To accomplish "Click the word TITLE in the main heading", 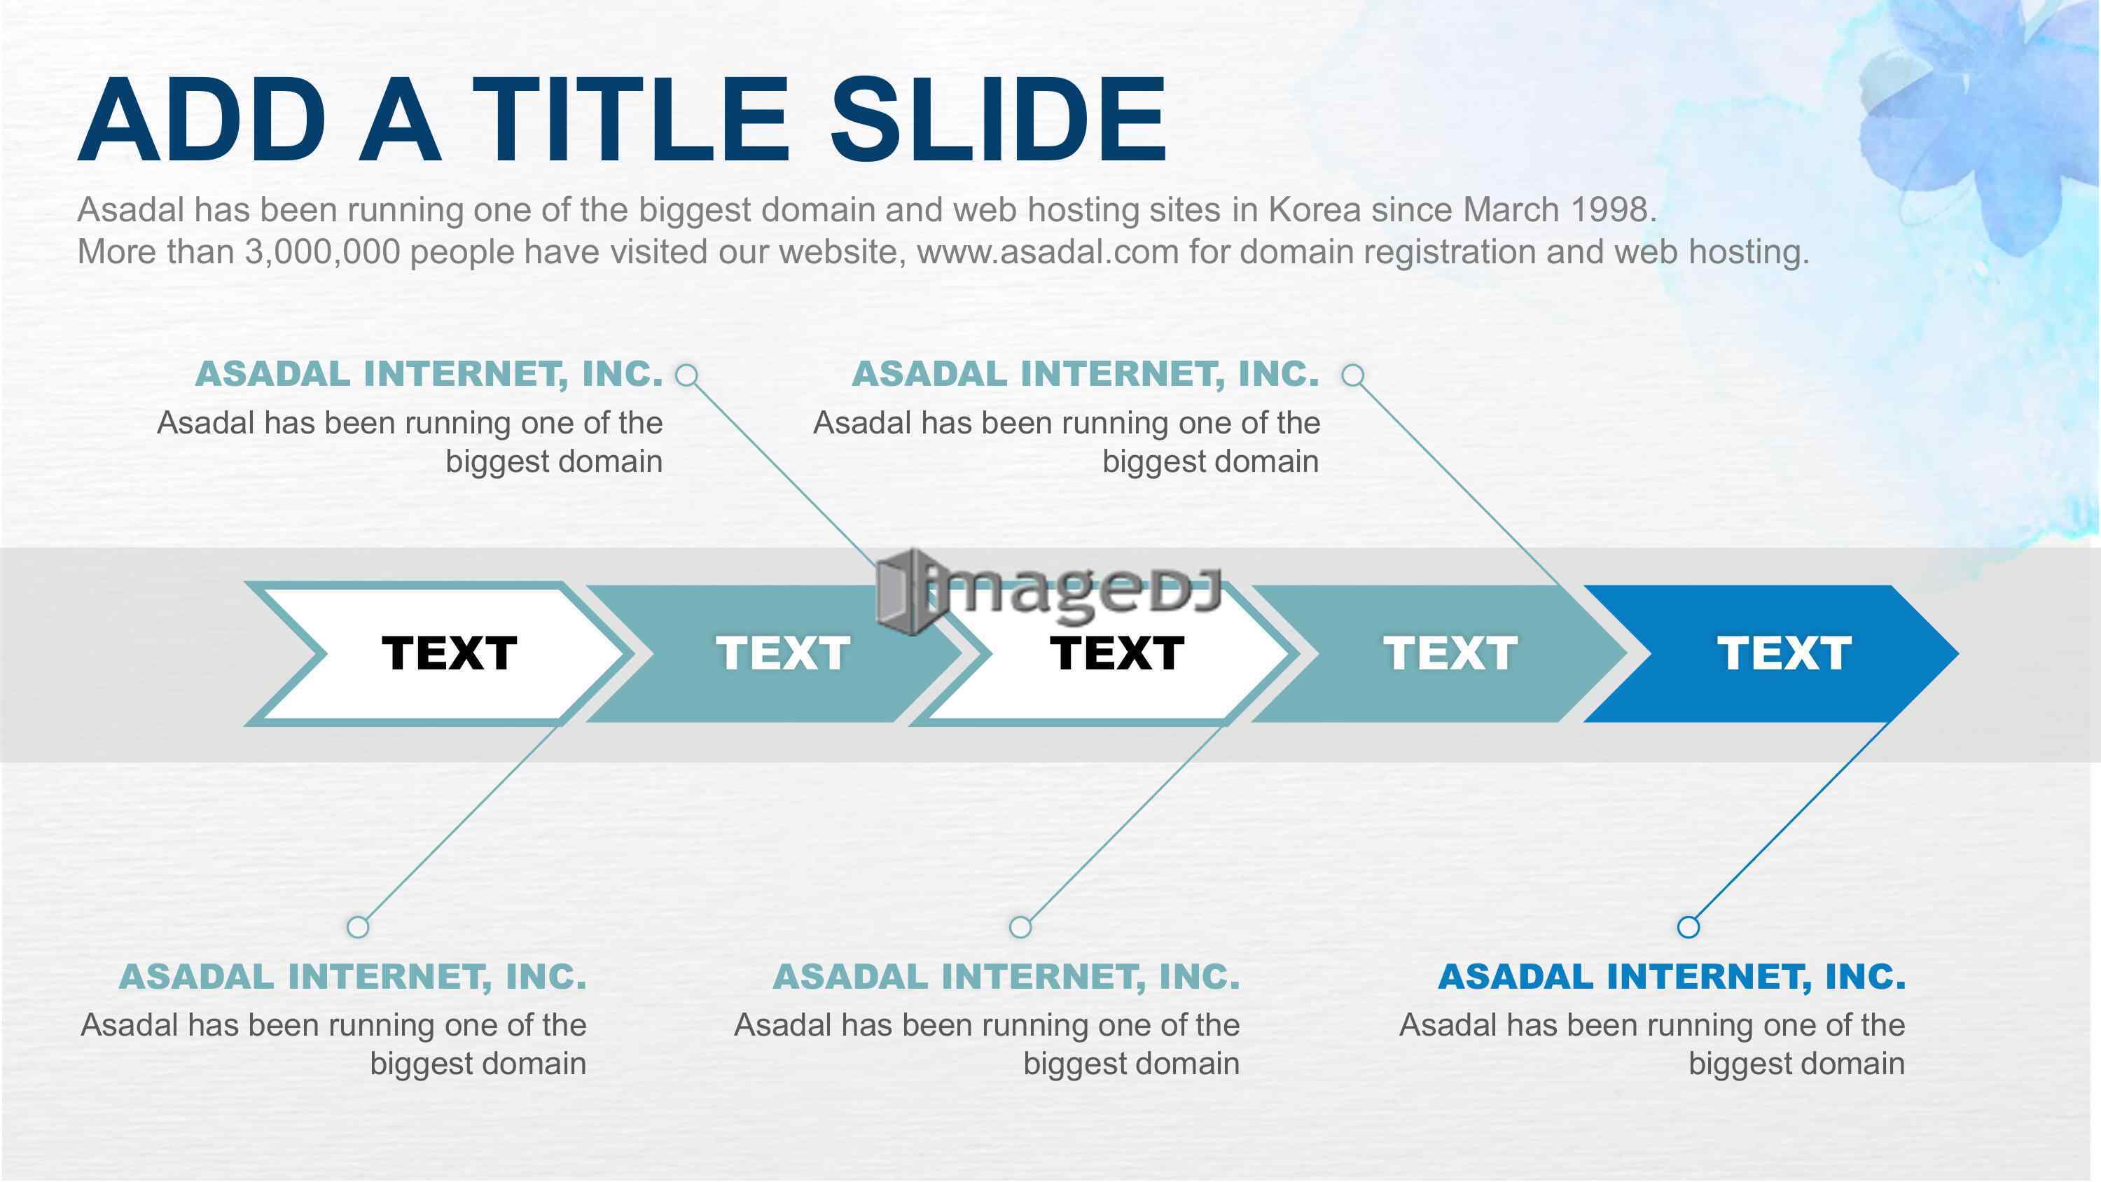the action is click(630, 120).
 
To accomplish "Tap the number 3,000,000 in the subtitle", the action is click(323, 252).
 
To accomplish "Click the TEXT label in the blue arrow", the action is click(1784, 653).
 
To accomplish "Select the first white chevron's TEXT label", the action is click(450, 653).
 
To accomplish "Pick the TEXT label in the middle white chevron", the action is click(1116, 653).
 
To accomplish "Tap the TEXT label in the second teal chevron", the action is click(783, 653).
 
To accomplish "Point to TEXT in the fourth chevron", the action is click(1450, 653).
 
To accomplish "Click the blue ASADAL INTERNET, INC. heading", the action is click(1672, 976).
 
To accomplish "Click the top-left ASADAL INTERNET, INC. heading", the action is click(429, 374).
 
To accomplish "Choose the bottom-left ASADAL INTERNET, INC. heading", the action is click(352, 976).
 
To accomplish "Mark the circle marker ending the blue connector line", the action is click(1689, 926).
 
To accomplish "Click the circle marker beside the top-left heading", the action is click(688, 375).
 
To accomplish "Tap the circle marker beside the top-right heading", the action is click(1353, 375).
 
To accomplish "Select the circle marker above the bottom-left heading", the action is click(358, 926).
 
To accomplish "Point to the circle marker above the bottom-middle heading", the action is click(1020, 926).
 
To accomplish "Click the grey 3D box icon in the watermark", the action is click(903, 593).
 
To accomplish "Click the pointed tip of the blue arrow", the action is click(1957, 653).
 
